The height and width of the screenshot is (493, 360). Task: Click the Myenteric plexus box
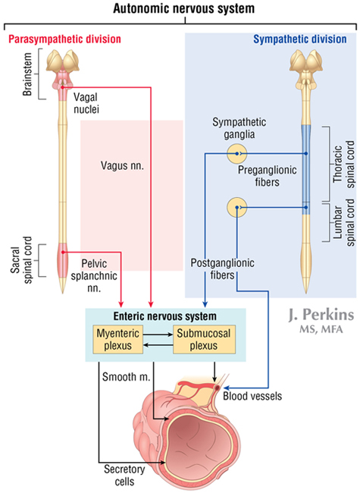tap(118, 339)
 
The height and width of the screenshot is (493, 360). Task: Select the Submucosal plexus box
tap(204, 339)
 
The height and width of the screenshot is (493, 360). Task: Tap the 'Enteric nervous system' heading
tap(165, 316)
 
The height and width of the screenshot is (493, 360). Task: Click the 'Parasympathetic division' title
tap(64, 39)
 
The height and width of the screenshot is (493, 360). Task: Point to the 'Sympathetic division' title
tap(300, 39)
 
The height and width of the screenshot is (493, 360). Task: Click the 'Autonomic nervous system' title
tap(183, 8)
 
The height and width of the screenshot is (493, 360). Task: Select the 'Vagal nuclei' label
tap(86, 103)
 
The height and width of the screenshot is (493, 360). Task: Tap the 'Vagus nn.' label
tap(122, 165)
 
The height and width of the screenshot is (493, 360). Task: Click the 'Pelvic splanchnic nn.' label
tap(94, 276)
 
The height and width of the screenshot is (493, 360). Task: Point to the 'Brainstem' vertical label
tap(27, 74)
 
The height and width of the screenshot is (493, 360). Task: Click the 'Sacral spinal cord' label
tap(22, 260)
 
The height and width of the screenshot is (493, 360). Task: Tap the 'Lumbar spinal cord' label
tap(344, 222)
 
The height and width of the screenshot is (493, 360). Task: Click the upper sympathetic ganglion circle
tap(237, 154)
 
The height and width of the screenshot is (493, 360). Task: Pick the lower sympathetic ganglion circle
tap(237, 208)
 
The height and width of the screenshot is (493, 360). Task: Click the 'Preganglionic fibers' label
tap(267, 176)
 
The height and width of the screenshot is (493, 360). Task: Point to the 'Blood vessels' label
tap(252, 396)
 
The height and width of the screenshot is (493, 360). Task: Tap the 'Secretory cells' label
tap(124, 476)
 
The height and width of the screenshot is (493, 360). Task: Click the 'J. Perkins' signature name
tap(321, 315)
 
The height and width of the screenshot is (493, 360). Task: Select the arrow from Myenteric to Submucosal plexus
tap(158, 334)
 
